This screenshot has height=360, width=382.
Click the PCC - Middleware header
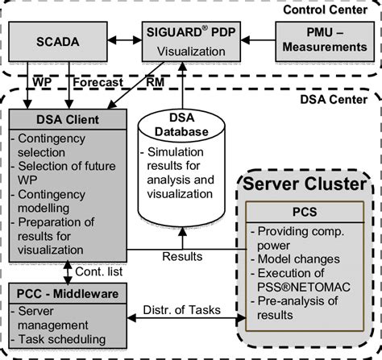[x=64, y=295]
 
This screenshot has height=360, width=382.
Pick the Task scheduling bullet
[x=61, y=339]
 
